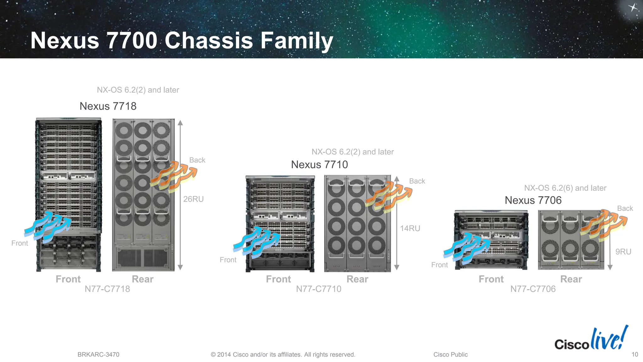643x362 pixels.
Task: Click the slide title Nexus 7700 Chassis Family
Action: tap(181, 41)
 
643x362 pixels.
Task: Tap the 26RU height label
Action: tap(193, 199)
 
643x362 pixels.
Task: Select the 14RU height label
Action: tap(410, 228)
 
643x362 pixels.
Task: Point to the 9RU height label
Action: tap(623, 251)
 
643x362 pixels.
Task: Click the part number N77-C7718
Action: tap(107, 289)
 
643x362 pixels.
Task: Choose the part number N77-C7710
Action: tap(318, 289)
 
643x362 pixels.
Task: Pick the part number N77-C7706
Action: tap(533, 289)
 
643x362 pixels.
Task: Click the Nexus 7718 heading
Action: tap(108, 106)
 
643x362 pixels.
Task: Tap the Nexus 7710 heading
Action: tap(319, 165)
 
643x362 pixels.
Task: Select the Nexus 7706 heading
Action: tap(533, 200)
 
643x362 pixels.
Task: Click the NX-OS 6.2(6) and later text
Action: tap(565, 188)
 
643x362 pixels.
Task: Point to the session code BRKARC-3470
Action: tap(98, 354)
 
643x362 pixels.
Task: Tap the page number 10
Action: tap(635, 354)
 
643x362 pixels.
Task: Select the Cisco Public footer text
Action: tap(450, 354)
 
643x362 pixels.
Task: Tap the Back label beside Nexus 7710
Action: tap(417, 181)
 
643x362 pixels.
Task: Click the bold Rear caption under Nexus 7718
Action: tap(143, 279)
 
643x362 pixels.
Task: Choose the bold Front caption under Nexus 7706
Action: tap(491, 279)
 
